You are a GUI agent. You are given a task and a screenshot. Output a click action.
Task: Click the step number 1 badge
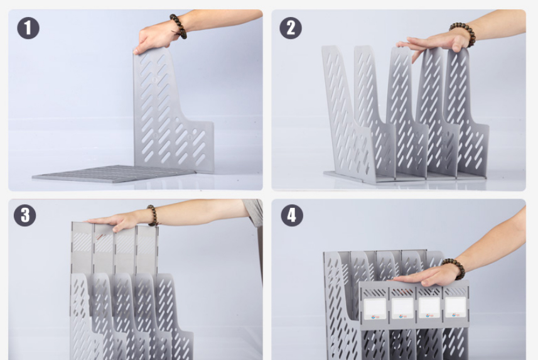coord(28,28)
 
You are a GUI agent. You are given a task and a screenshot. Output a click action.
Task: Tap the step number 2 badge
coord(291,28)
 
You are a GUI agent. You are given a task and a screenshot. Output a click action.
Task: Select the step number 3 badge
coord(24,215)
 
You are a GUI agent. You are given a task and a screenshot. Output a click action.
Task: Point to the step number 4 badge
coord(292,215)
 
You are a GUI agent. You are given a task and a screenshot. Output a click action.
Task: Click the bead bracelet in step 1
coord(178,26)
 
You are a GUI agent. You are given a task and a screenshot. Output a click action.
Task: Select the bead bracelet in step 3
coord(153,215)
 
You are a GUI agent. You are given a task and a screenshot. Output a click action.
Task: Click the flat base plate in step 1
coord(113,173)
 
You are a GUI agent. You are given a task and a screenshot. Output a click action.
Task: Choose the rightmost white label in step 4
coord(456,307)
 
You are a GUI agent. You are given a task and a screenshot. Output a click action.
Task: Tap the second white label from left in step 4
coord(402,308)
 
